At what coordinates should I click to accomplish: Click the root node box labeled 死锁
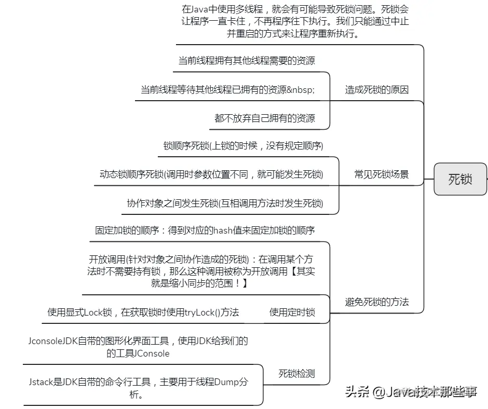coord(460,179)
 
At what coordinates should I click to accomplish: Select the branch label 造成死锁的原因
coord(377,90)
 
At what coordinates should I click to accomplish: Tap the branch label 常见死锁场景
coord(381,174)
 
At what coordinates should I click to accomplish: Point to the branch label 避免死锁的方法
coord(377,302)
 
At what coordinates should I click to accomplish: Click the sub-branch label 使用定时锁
coord(292,312)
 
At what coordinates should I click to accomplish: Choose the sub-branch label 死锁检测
coord(296,373)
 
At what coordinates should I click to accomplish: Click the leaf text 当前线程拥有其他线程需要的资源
coord(247,61)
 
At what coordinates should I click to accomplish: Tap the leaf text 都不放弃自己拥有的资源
coord(264,118)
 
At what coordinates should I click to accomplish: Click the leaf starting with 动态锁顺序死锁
coord(211,174)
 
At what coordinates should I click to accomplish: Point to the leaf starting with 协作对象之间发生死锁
coord(225,203)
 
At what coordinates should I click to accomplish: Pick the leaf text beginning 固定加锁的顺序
coord(205,230)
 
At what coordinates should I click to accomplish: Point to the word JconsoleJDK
coord(53,341)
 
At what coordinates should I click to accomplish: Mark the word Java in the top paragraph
coord(203,10)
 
